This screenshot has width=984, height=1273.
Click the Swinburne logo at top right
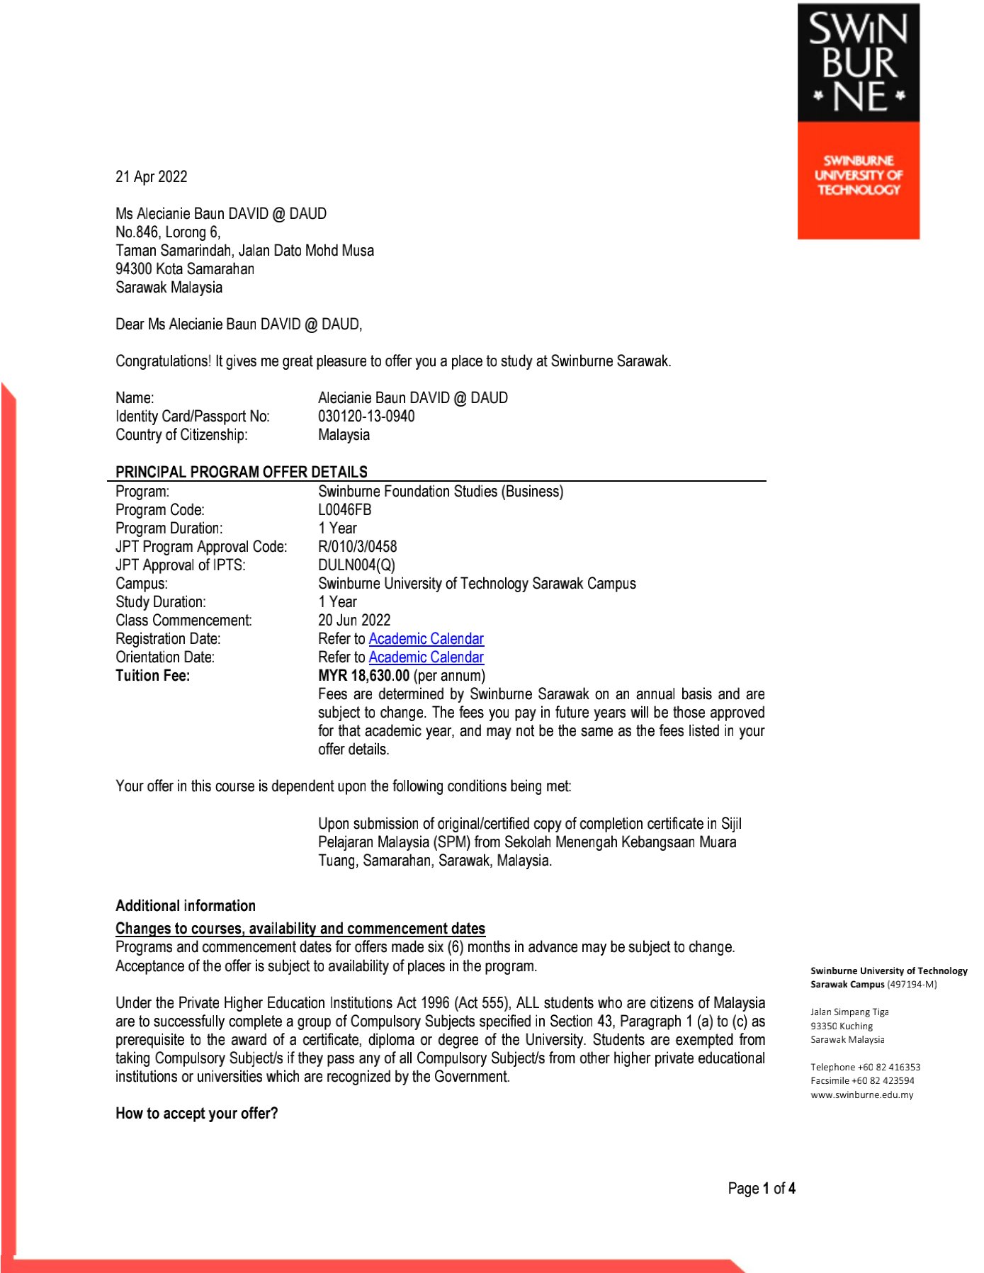point(858,121)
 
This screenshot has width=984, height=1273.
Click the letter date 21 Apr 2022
point(151,177)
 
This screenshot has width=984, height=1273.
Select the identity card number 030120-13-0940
point(366,417)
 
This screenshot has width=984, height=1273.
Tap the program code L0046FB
point(344,510)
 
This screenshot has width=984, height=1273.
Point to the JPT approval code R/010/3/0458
point(357,547)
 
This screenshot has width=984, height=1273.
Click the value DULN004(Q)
point(356,565)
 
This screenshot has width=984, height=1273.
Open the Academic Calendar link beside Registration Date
point(426,639)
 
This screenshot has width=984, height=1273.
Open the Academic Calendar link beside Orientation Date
point(426,657)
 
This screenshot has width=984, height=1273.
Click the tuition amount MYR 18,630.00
point(363,676)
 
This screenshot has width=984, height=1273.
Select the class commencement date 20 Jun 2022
point(354,621)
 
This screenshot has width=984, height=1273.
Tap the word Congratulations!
point(163,361)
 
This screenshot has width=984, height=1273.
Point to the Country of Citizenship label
point(181,435)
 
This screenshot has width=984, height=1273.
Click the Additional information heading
point(186,906)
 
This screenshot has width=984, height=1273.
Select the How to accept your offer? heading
point(196,1114)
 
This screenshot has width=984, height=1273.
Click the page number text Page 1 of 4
point(761,1189)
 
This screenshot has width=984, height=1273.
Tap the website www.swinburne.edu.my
point(861,1095)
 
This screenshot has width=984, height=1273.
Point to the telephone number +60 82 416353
point(888,1068)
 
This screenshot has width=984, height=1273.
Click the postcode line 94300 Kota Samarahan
point(184,269)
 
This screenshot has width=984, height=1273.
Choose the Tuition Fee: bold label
point(152,676)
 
